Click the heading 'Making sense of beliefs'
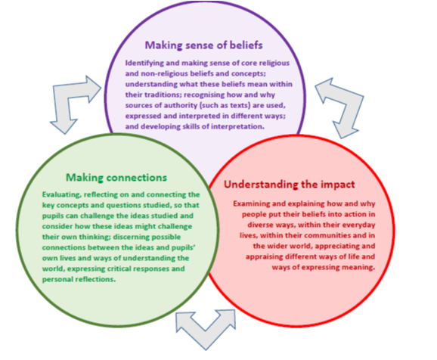(x=203, y=45)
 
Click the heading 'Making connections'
(x=116, y=178)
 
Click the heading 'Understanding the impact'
(x=290, y=185)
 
